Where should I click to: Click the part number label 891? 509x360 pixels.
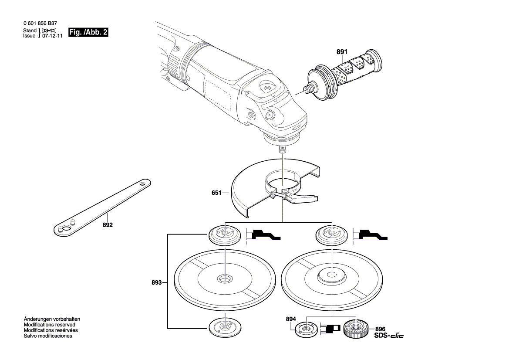[x=342, y=52]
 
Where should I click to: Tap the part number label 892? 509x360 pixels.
[x=108, y=225]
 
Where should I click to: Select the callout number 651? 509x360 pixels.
[x=216, y=193]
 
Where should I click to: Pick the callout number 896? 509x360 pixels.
[x=380, y=329]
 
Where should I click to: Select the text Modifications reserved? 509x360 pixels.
[x=49, y=325]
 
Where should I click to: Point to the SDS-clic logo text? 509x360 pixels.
[x=389, y=336]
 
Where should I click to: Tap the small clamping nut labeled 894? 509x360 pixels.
[x=306, y=329]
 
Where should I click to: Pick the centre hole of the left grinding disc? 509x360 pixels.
[x=225, y=278]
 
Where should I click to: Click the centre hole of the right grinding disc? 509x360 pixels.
[x=331, y=275]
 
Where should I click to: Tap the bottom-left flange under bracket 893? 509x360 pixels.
[x=224, y=326]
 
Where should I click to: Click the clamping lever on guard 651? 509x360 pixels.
[x=305, y=198]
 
